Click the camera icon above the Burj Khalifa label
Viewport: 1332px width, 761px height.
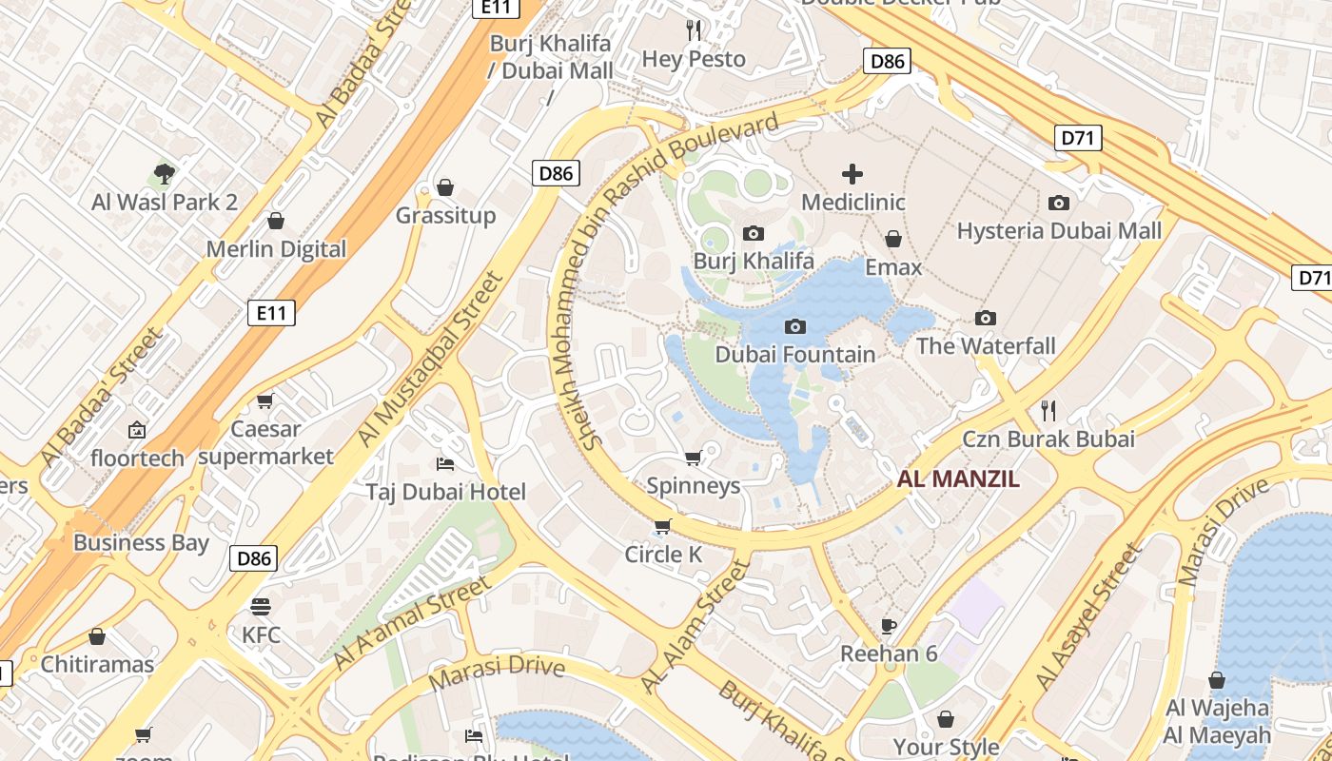point(753,233)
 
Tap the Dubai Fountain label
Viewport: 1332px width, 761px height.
point(794,355)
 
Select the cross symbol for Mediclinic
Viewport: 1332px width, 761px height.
point(852,174)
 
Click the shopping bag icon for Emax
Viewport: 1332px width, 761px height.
point(892,239)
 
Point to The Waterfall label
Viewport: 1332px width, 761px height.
point(986,345)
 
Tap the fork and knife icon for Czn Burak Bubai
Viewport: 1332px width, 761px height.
point(1048,411)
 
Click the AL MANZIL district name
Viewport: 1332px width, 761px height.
point(958,478)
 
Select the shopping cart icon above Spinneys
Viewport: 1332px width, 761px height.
point(694,459)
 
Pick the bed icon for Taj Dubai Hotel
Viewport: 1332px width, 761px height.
point(444,464)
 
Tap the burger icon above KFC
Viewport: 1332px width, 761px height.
point(261,606)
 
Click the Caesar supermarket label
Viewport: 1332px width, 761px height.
point(266,443)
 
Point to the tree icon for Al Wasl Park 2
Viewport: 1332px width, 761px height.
point(165,174)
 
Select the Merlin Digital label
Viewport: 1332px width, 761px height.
point(276,249)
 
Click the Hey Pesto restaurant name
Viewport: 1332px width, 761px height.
point(694,59)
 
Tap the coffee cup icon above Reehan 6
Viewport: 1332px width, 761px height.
point(889,626)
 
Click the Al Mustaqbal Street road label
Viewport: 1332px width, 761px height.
point(429,360)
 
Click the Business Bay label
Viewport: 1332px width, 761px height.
point(141,542)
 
